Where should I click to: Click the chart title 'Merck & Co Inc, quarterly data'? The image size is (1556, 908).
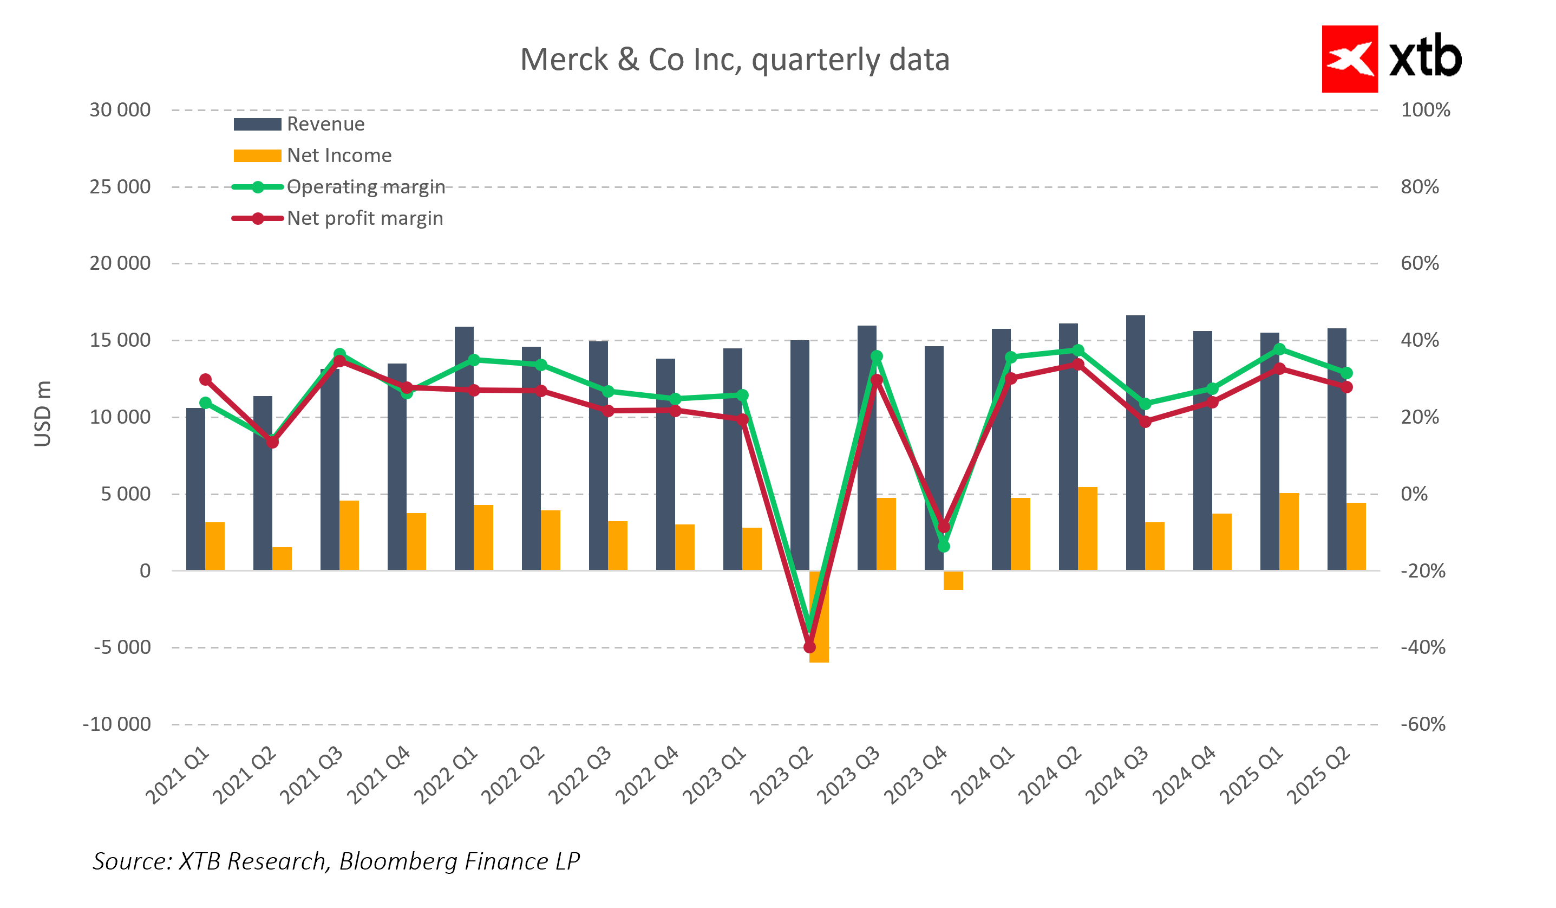734,60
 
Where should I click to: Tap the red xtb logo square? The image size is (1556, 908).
1349,59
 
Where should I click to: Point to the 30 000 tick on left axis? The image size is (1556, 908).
120,110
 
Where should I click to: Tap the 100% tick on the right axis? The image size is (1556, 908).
1425,110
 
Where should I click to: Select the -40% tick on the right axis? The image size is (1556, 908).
1423,647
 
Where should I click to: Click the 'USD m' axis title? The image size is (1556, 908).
43,413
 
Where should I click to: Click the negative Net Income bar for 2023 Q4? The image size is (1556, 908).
953,580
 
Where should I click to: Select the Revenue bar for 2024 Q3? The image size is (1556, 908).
1135,442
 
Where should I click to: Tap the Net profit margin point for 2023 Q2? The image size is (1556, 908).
809,647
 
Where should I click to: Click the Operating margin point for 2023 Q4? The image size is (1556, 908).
944,546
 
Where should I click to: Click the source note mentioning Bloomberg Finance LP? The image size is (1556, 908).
337,861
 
